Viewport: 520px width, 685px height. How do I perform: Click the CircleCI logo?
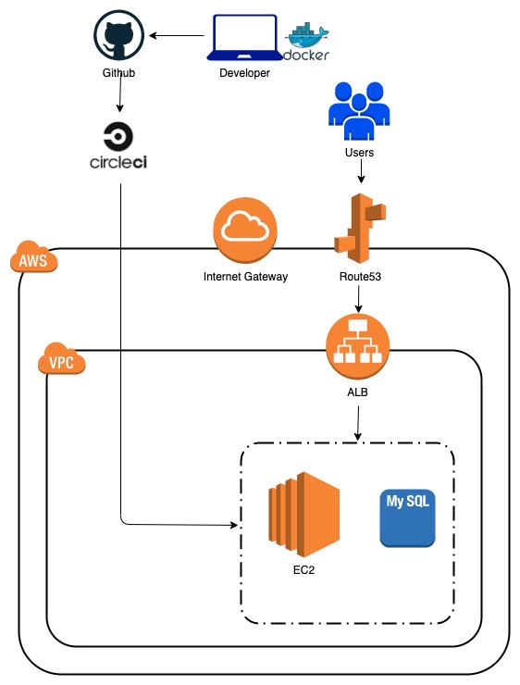pos(119,146)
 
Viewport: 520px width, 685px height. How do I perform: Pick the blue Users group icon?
pos(358,110)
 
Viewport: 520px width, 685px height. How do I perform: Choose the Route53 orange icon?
pos(358,226)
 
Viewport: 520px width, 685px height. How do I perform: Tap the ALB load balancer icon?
pos(357,349)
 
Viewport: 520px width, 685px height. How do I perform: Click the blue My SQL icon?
pos(408,517)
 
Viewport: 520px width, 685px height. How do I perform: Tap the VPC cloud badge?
pos(62,360)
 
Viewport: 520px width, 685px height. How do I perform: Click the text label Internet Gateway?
pos(244,276)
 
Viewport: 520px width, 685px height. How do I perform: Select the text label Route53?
pos(358,276)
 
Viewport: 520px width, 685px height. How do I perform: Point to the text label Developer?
pos(244,73)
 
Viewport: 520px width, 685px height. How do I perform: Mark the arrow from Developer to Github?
pos(178,37)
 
